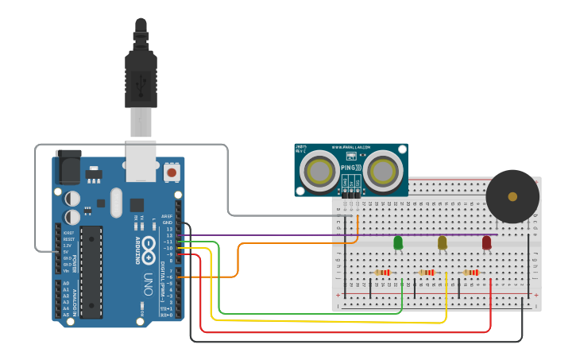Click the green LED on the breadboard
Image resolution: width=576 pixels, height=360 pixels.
(x=398, y=242)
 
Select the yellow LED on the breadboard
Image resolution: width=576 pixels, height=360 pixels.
(x=443, y=242)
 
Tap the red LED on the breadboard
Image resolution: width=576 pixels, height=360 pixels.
(x=486, y=242)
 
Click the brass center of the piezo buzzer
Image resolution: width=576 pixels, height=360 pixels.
(x=512, y=196)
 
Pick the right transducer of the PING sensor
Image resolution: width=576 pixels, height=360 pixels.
(x=382, y=171)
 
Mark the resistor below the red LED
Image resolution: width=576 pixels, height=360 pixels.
(x=472, y=273)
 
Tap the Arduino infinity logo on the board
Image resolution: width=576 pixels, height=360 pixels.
(x=148, y=248)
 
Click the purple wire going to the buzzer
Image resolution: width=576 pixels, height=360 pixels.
(x=318, y=235)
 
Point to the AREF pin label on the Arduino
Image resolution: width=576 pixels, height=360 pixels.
(x=167, y=216)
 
